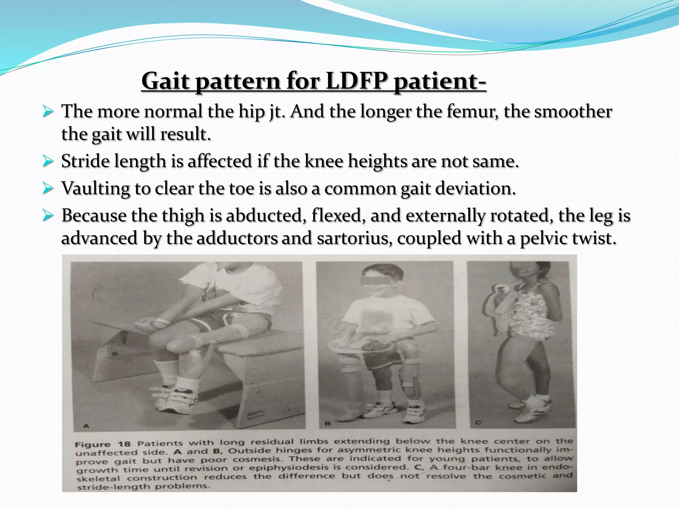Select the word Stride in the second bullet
pyautogui.click(x=85, y=161)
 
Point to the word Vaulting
pyautogui.click(x=95, y=189)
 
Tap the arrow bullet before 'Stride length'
pyautogui.click(x=48, y=161)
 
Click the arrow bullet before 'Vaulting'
pyautogui.click(x=48, y=189)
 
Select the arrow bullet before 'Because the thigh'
pyautogui.click(x=48, y=216)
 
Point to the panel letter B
pyautogui.click(x=328, y=424)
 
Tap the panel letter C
pyautogui.click(x=478, y=423)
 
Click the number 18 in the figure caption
pyautogui.click(x=124, y=444)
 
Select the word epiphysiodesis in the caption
pyautogui.click(x=286, y=468)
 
